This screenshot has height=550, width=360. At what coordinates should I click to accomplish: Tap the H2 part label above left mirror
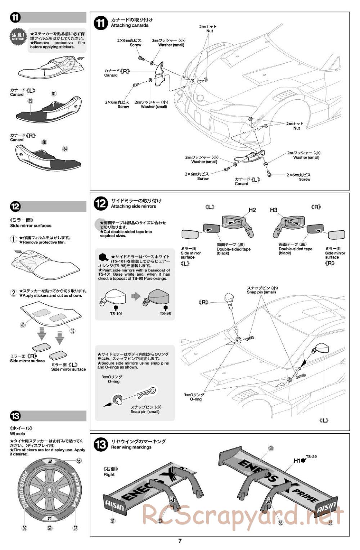point(252,210)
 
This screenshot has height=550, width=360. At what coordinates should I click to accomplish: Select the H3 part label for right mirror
point(274,210)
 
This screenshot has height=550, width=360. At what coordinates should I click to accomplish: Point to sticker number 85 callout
point(30,102)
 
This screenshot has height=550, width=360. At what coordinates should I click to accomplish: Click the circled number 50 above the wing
point(271,448)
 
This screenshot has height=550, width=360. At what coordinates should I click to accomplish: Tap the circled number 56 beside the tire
point(24,528)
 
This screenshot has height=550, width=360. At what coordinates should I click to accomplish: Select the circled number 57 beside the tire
point(76,528)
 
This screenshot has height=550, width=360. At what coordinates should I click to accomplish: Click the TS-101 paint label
point(116,314)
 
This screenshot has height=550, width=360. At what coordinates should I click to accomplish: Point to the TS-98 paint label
point(165,314)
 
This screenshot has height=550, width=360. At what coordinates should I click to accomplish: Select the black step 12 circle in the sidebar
point(15,207)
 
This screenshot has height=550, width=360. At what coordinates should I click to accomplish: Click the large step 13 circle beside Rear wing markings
point(100,444)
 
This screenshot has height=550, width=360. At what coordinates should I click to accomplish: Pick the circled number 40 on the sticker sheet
point(23,325)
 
